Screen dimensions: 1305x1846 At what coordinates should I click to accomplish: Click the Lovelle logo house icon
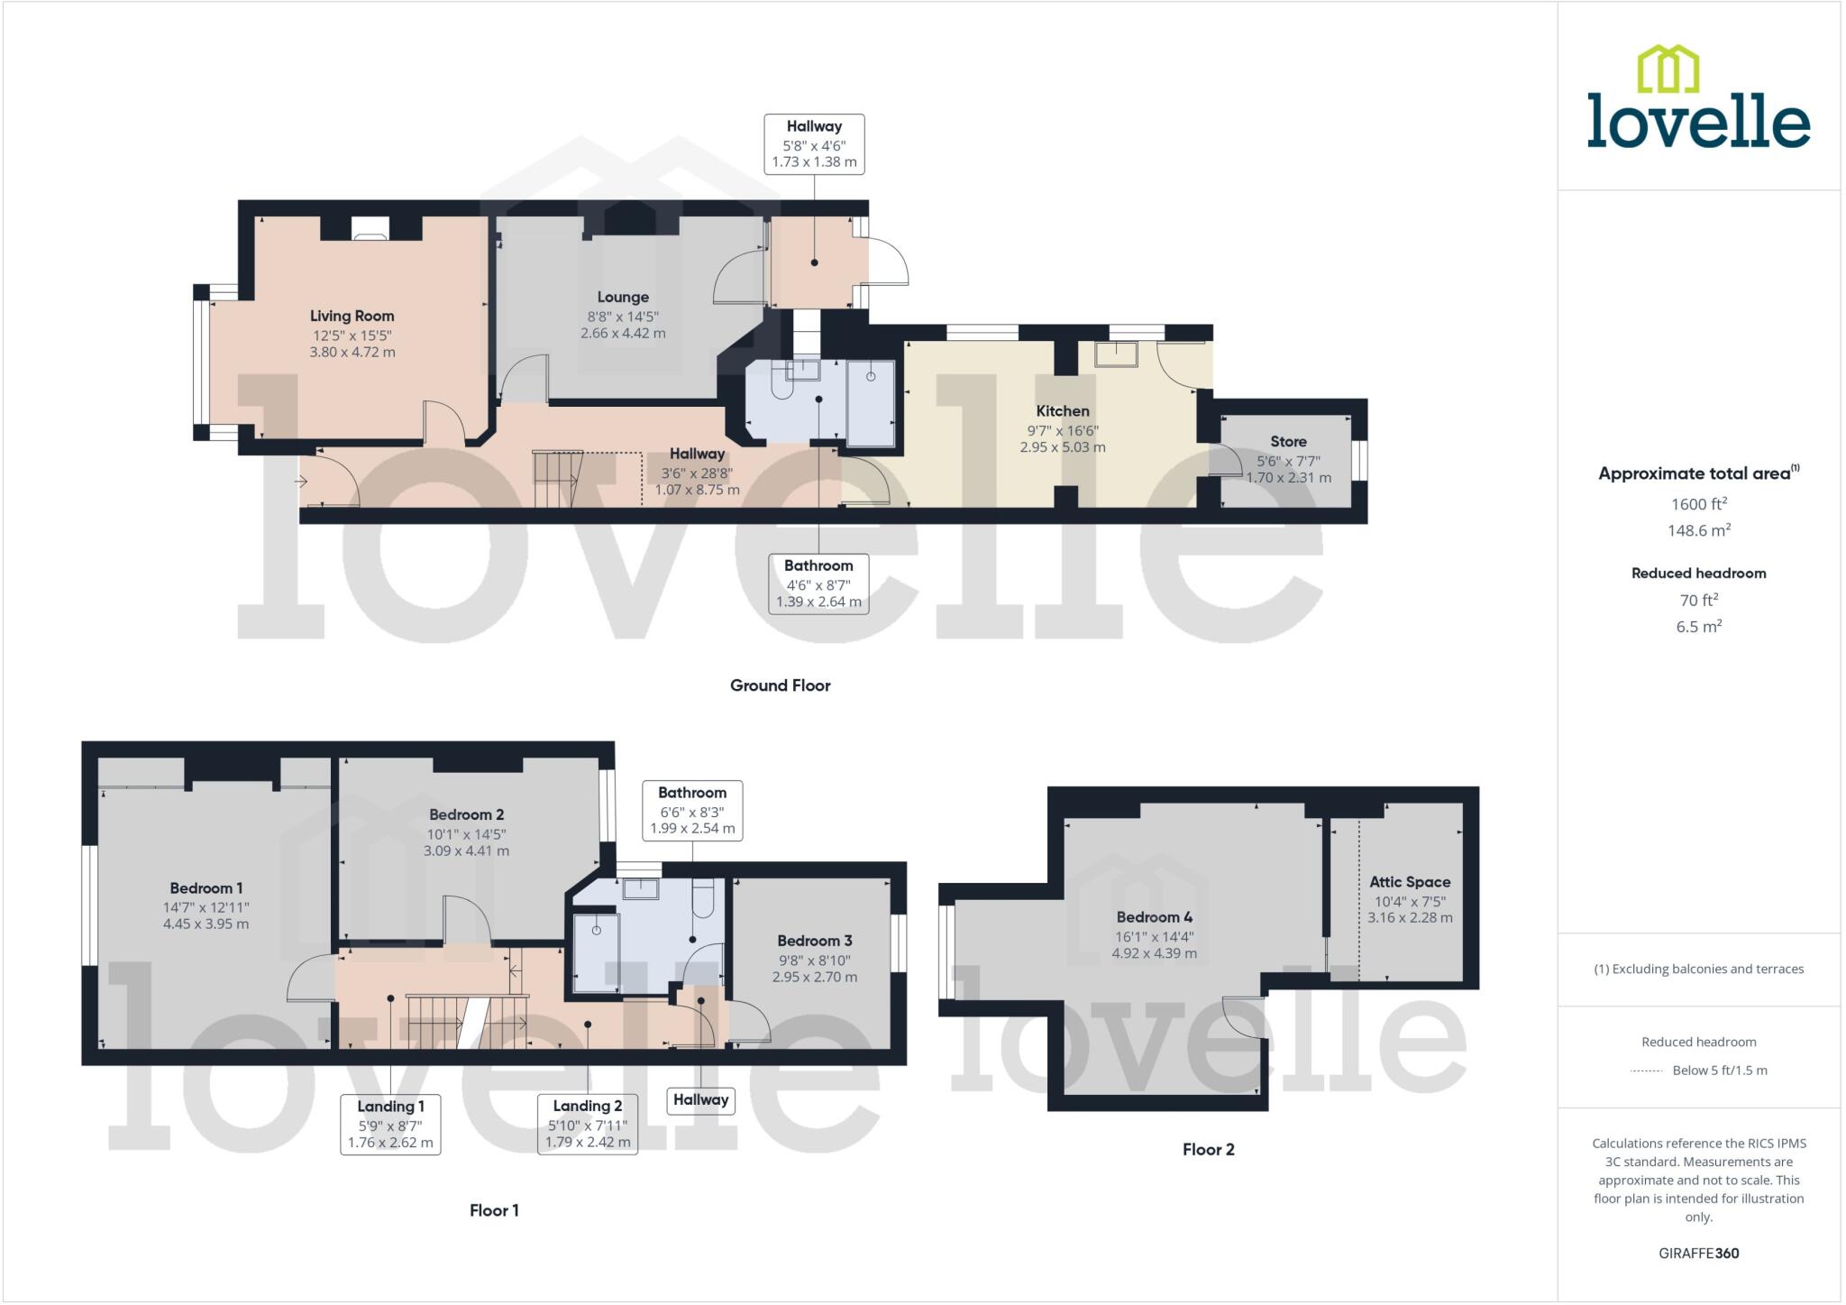click(x=1668, y=69)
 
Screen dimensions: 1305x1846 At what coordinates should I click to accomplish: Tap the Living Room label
click(x=352, y=316)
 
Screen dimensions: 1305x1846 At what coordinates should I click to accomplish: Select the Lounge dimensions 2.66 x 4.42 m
click(x=623, y=333)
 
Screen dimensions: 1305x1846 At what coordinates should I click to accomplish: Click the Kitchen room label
click(x=1063, y=410)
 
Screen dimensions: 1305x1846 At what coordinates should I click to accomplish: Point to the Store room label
click(x=1288, y=441)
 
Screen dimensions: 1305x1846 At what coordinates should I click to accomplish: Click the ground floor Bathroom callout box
click(x=818, y=584)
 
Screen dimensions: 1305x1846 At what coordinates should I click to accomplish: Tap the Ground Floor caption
click(x=780, y=685)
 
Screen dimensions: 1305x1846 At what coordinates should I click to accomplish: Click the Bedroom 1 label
click(x=206, y=888)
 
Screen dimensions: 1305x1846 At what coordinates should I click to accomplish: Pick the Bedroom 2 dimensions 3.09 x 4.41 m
click(x=466, y=850)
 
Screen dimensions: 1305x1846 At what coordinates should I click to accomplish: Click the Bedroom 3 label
click(x=815, y=941)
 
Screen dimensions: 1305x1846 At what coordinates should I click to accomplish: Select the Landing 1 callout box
click(x=390, y=1124)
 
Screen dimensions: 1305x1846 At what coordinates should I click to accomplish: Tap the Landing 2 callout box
click(x=587, y=1124)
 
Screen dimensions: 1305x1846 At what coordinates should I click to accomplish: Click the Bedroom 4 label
click(x=1154, y=917)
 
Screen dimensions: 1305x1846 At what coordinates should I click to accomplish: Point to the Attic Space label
click(x=1410, y=882)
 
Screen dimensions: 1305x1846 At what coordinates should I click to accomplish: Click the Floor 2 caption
click(x=1208, y=1149)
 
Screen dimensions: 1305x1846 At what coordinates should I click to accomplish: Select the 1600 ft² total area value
click(x=1698, y=504)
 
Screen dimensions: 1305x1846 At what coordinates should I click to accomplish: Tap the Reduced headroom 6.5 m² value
click(x=1698, y=627)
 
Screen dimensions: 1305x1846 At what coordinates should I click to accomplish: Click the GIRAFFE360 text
click(x=1698, y=1253)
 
